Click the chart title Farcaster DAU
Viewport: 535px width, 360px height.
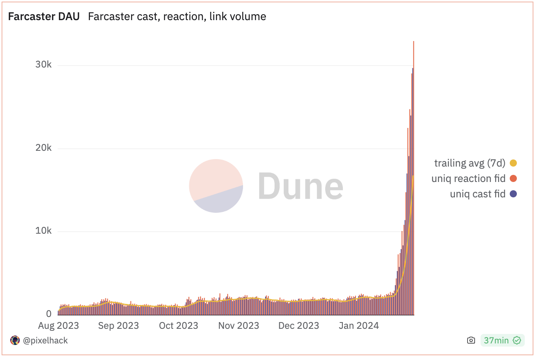(44, 17)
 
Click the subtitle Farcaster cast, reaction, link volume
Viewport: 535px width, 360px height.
(177, 17)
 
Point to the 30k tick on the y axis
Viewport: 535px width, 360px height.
(43, 65)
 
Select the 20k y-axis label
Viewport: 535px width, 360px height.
(43, 148)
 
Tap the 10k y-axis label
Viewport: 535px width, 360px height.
(43, 231)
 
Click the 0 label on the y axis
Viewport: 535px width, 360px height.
(49, 314)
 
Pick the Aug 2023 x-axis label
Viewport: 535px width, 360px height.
(58, 326)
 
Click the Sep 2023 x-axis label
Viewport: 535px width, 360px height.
(118, 326)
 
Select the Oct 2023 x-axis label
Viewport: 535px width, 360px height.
(178, 326)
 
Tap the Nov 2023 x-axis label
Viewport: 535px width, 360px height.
(239, 326)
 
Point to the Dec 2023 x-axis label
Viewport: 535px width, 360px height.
(299, 326)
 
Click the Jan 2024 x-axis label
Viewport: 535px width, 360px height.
(359, 326)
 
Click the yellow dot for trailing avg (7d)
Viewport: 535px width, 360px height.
(513, 163)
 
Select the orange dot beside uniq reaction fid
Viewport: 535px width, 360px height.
(513, 178)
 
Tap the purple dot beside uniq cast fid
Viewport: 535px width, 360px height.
(513, 194)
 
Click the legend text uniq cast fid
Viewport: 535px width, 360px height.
(477, 194)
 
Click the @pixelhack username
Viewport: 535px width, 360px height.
(45, 340)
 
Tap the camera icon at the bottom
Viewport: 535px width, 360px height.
(471, 340)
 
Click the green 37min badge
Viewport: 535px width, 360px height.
(502, 340)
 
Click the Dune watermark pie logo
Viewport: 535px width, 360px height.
(216, 186)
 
